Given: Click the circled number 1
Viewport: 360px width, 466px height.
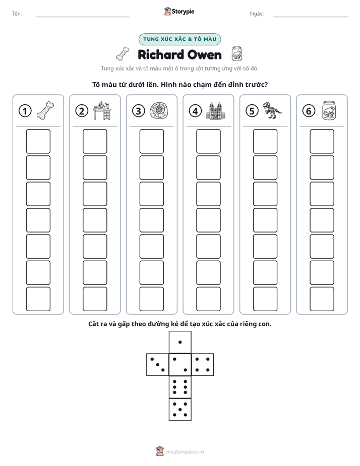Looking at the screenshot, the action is [25, 111].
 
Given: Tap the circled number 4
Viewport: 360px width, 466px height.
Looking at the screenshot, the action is [195, 111].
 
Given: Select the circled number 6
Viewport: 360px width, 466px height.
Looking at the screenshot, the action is [309, 111].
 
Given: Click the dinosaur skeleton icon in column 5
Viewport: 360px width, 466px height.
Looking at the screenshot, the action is [272, 110].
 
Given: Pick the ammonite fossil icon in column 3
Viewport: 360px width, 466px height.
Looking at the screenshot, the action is [159, 111].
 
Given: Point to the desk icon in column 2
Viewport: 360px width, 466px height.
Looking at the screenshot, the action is [102, 110].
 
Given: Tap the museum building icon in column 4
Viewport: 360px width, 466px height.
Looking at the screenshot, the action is [216, 111].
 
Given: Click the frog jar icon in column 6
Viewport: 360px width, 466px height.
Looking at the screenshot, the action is [329, 110].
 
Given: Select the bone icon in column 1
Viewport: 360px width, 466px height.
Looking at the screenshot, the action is [45, 110].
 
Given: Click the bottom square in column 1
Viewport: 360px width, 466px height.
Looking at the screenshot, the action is [38, 299].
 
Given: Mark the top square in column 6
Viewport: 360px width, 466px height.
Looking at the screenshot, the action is [322, 141].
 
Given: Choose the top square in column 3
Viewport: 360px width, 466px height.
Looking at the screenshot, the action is [152, 141].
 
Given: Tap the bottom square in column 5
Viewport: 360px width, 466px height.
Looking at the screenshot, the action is [265, 299].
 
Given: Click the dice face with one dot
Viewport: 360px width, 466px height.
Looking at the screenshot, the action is [180, 342].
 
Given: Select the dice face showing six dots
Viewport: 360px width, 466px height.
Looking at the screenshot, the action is [180, 387].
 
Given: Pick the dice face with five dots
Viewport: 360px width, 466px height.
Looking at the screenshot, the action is [180, 409].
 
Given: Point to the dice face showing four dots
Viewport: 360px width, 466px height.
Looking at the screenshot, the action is [203, 365].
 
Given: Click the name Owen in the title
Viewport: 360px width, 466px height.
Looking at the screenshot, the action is [205, 55].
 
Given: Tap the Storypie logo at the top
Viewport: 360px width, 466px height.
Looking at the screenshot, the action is [179, 11].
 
